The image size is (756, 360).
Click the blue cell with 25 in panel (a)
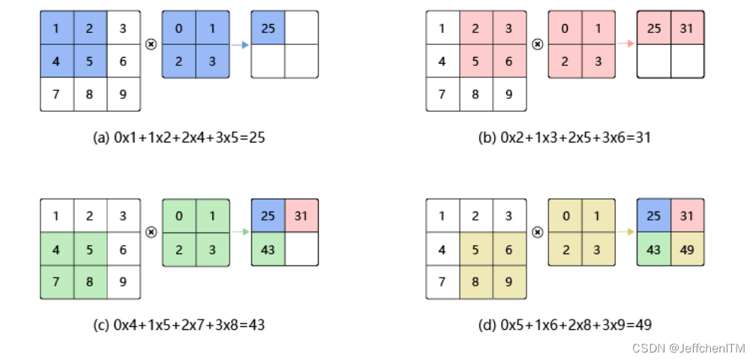click(268, 28)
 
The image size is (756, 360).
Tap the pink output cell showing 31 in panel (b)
click(686, 28)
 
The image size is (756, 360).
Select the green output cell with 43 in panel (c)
click(268, 248)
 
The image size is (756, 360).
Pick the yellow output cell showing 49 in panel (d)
click(686, 248)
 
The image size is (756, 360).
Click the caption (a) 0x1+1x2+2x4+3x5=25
click(178, 137)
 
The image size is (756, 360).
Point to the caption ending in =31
click(565, 137)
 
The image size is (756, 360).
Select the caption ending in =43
click(178, 325)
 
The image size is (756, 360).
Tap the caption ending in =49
click(565, 325)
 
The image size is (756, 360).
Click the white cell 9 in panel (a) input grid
click(123, 94)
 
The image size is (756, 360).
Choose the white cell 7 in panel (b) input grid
click(442, 94)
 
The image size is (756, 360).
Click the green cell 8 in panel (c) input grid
click(90, 282)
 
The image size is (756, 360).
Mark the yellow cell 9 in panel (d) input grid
click(509, 282)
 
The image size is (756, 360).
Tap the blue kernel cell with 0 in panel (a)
click(178, 28)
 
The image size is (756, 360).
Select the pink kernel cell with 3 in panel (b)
click(598, 61)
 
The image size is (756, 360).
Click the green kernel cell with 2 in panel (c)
click(178, 249)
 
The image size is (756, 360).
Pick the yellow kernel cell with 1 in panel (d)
click(598, 216)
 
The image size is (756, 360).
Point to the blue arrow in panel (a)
click(240, 45)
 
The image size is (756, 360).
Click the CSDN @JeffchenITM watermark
click(688, 348)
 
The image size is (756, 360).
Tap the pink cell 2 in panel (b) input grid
click(475, 28)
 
